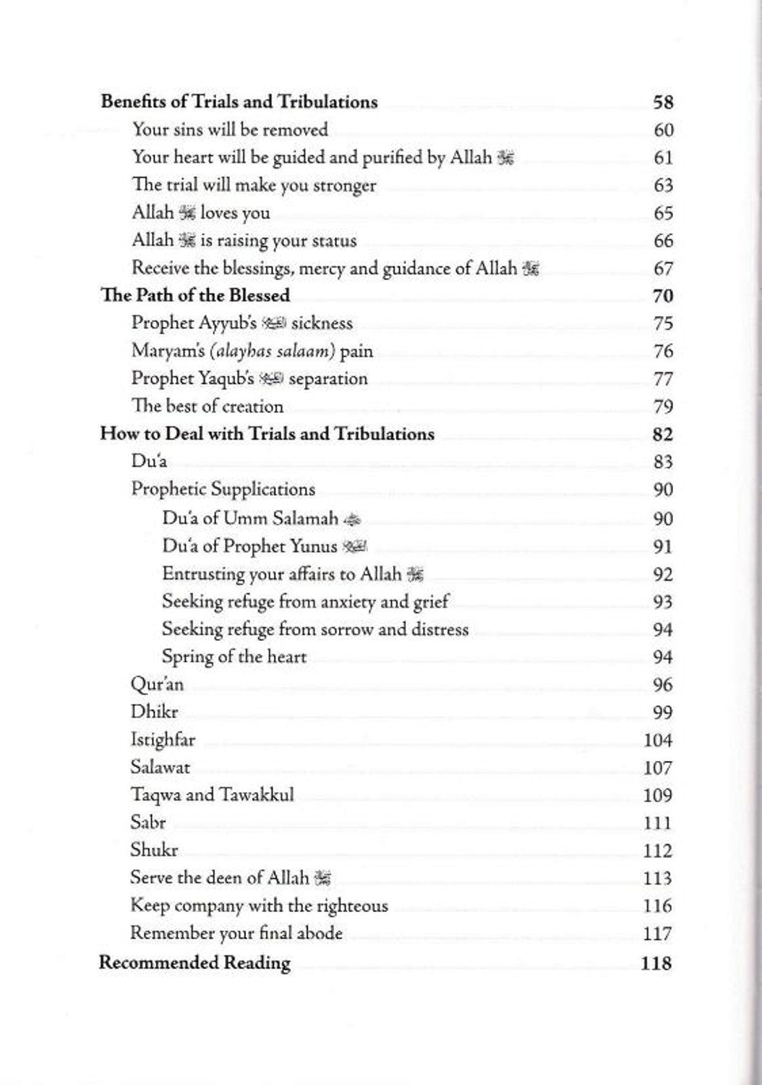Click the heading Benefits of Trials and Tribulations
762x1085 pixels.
click(x=239, y=102)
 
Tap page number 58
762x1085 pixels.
click(x=663, y=102)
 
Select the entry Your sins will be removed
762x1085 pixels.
click(x=230, y=130)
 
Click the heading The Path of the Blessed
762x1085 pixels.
click(x=195, y=295)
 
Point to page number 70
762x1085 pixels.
click(x=662, y=296)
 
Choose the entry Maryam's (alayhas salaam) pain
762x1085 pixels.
click(x=252, y=352)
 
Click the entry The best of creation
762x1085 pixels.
click(x=207, y=407)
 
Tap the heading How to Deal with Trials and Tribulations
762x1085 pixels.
click(x=267, y=434)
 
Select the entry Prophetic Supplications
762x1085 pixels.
click(x=223, y=490)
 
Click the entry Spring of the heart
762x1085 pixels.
click(x=234, y=657)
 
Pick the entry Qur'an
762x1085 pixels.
click(x=157, y=684)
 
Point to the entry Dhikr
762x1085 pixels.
click(x=154, y=712)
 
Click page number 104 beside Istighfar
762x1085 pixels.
click(x=658, y=740)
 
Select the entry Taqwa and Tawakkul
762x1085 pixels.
click(x=212, y=795)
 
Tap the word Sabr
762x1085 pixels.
click(x=148, y=822)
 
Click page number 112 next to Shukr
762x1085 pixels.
click(x=658, y=851)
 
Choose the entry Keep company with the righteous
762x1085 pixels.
click(x=259, y=906)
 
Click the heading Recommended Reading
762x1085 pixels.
click(x=194, y=963)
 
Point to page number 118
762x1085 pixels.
click(x=656, y=963)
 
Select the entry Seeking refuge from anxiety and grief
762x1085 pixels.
click(x=305, y=602)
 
